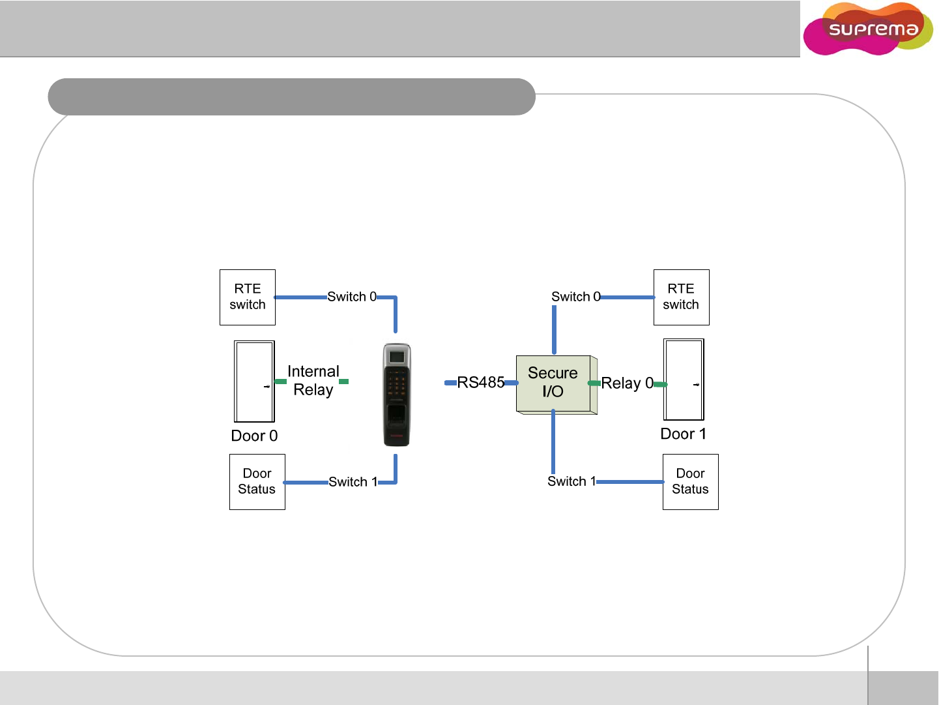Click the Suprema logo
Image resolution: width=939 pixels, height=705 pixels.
point(869,29)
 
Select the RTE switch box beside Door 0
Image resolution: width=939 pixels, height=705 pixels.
point(248,297)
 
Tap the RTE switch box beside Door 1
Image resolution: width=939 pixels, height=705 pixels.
point(681,297)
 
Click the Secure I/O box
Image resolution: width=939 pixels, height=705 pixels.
point(555,383)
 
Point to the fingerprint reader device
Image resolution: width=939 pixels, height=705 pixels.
point(397,395)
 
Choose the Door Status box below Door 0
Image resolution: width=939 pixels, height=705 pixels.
point(257,482)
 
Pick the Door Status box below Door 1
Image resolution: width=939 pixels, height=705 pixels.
point(690,482)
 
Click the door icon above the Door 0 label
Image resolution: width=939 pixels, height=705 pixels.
point(254,382)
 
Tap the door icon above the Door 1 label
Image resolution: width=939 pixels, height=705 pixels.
point(684,380)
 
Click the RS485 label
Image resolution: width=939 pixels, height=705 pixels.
point(481,383)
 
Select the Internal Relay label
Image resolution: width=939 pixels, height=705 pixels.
point(313,381)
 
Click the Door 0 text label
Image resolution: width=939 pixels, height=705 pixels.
point(254,436)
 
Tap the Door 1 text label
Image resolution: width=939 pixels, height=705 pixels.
point(683,434)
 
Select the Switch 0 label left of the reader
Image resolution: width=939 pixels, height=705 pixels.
point(351,297)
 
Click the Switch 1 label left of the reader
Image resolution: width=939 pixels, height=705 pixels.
point(353,482)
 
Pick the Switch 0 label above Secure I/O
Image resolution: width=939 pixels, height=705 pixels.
point(575,297)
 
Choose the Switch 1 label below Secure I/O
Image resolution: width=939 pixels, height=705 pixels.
point(571,481)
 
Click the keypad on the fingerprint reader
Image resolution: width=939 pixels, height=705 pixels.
point(396,385)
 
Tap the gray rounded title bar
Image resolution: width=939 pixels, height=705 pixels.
point(291,97)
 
